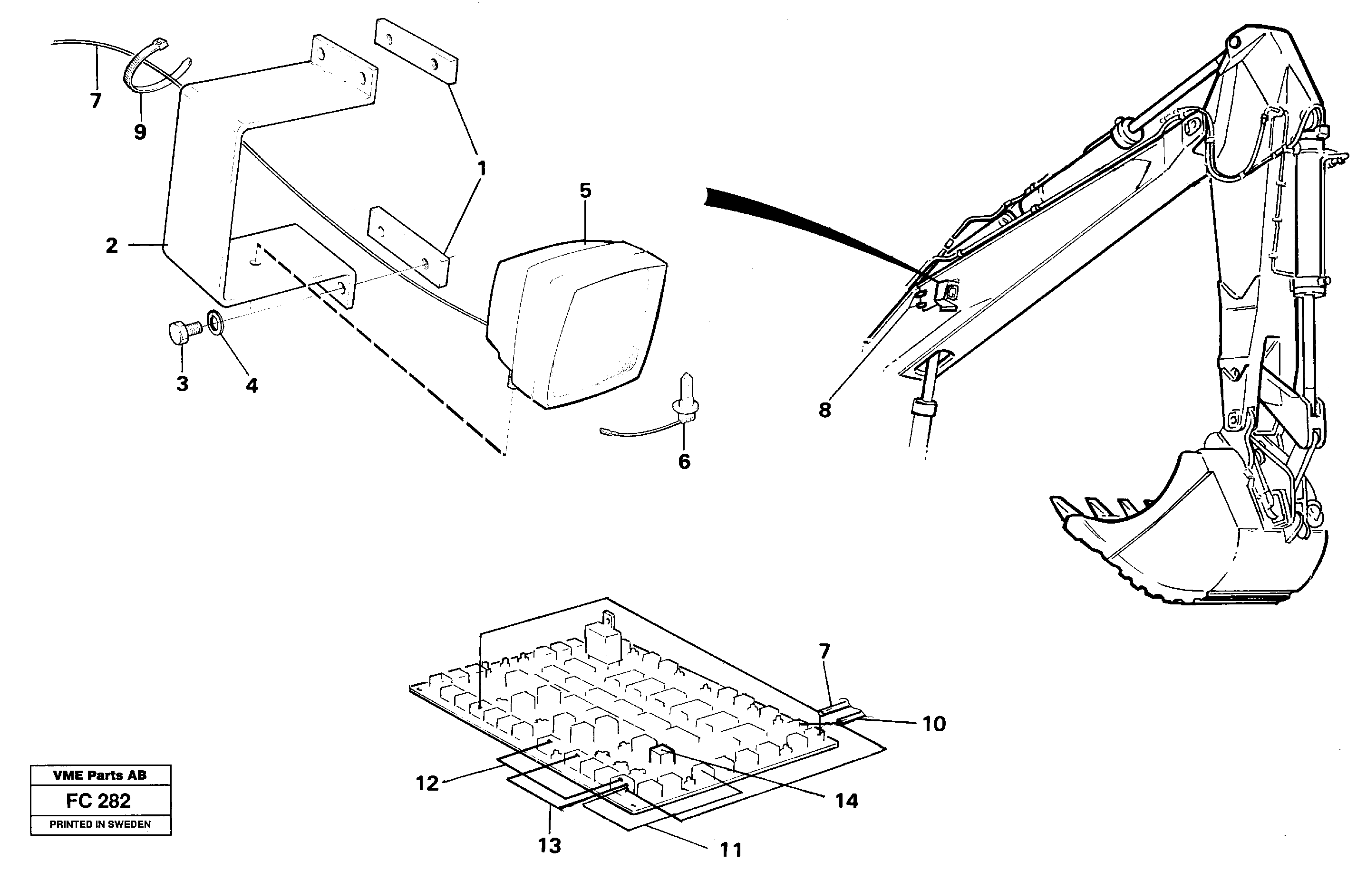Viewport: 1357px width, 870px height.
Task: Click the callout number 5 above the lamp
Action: [585, 191]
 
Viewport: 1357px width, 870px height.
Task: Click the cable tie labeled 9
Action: [144, 71]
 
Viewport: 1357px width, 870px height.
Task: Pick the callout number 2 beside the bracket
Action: [112, 245]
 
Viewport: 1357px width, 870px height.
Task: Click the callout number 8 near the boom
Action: [824, 410]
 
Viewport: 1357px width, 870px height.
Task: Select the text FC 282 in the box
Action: [98, 801]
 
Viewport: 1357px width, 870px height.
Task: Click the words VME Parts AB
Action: [100, 775]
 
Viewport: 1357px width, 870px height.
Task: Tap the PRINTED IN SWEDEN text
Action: [100, 824]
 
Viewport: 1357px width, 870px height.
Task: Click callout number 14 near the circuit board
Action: [847, 801]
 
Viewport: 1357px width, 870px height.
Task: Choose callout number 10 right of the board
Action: [934, 724]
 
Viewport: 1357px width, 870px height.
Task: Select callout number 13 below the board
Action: [549, 846]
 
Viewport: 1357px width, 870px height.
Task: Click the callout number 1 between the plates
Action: [481, 168]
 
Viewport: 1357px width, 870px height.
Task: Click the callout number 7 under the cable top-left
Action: [96, 101]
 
